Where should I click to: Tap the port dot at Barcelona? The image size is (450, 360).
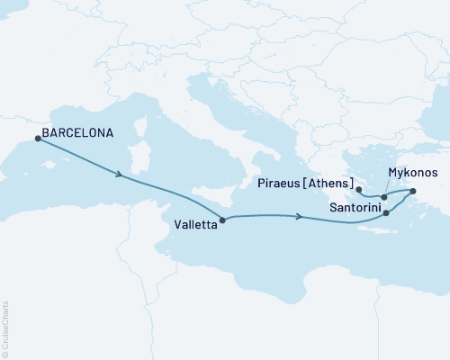[37, 138]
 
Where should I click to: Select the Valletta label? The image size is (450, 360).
[194, 227]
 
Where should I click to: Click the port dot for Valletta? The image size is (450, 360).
[222, 219]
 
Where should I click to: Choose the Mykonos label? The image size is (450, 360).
[412, 171]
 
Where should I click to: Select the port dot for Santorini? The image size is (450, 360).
[386, 213]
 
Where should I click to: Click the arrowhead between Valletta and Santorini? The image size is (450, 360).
[299, 216]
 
